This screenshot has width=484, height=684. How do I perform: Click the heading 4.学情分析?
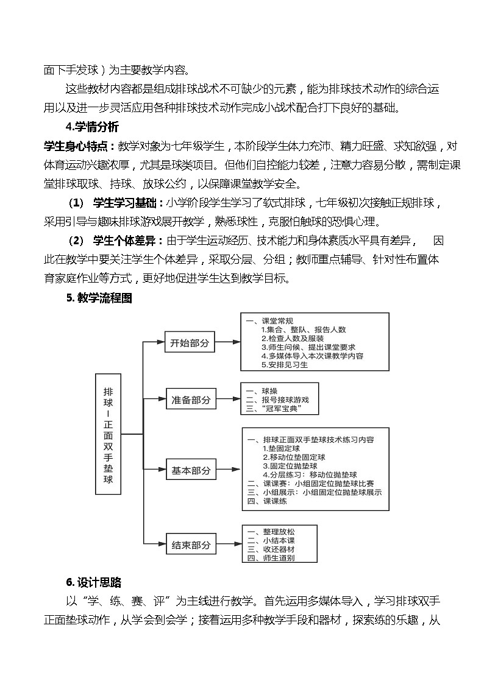(91, 127)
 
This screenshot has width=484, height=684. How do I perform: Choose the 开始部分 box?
(190, 343)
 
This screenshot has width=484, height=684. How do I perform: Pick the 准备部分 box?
(191, 400)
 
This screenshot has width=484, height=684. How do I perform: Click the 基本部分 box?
(191, 470)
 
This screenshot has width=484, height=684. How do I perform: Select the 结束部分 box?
(191, 545)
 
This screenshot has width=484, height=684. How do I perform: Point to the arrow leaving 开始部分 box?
(227, 343)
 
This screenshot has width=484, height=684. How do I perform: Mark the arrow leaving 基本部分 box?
(229, 470)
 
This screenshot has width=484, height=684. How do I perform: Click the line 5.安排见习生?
(284, 365)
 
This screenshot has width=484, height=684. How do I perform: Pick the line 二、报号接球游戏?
(277, 400)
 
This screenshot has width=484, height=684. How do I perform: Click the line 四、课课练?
(267, 501)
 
